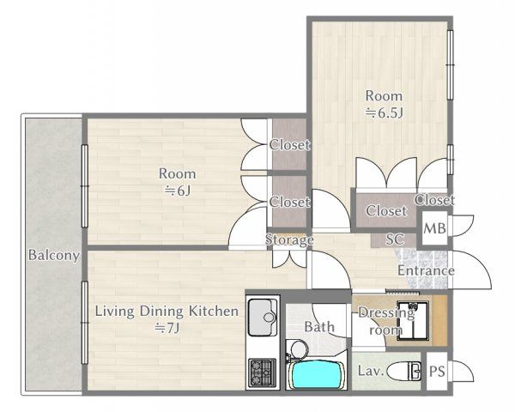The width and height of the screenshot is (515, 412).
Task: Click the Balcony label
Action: coord(54,255)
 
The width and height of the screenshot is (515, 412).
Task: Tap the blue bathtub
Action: coord(316,375)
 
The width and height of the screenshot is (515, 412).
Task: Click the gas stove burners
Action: coord(262,373)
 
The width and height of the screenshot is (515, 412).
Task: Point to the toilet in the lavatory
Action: coord(404,372)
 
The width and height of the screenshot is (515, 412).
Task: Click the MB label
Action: coord(434,228)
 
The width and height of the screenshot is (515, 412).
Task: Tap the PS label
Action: coord(437,372)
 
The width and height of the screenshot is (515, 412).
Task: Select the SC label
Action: coord(395,239)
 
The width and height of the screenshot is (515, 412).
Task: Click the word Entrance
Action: coord(426,270)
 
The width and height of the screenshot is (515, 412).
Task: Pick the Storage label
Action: coord(289,239)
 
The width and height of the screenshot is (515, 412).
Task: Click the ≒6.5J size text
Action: coord(385,113)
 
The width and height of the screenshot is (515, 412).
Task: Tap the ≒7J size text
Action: coord(167,328)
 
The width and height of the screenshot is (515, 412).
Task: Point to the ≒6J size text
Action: coord(178,191)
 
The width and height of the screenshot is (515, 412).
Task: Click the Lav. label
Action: coord(371,372)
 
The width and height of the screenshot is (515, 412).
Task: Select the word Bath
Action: coord(319,327)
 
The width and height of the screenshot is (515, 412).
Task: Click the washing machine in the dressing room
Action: coord(413,321)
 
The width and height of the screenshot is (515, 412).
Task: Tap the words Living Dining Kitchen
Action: coord(167,311)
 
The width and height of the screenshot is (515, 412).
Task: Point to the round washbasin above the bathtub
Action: coord(298,349)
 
